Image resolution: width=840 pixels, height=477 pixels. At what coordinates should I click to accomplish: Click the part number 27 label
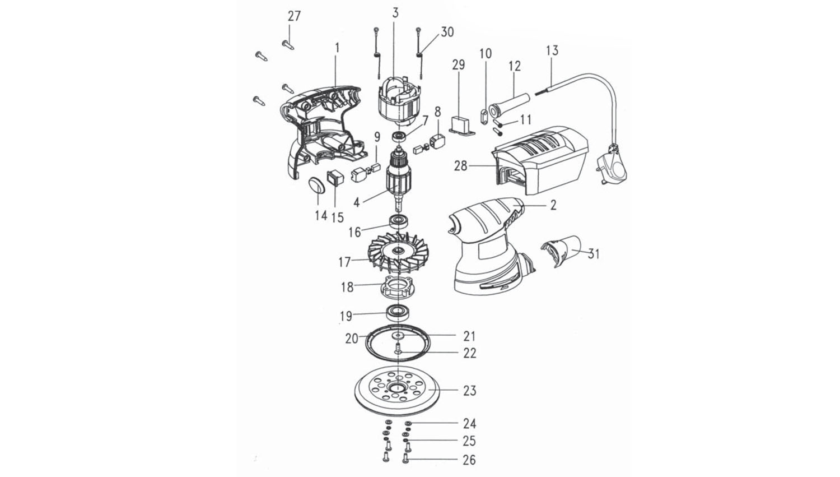point(294,17)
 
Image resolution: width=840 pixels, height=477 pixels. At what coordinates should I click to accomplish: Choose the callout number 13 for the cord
point(552,50)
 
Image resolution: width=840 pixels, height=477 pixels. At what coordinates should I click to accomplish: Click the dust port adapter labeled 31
point(561,252)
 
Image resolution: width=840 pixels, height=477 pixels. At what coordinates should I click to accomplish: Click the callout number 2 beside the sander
point(553,205)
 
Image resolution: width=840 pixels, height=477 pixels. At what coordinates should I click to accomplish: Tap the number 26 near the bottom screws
point(469,460)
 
